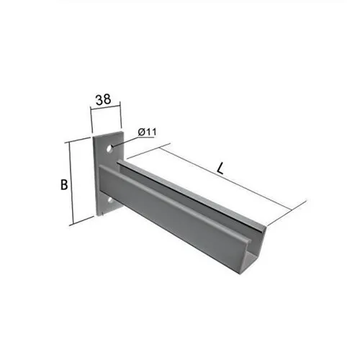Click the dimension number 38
tap(104, 99)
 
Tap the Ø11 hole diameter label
tap(147, 132)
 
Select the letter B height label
tap(64, 185)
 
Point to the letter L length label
tap(220, 168)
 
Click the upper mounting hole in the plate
tap(109, 148)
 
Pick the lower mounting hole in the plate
tap(110, 201)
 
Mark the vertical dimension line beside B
tap(71, 184)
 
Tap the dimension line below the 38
tap(105, 107)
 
